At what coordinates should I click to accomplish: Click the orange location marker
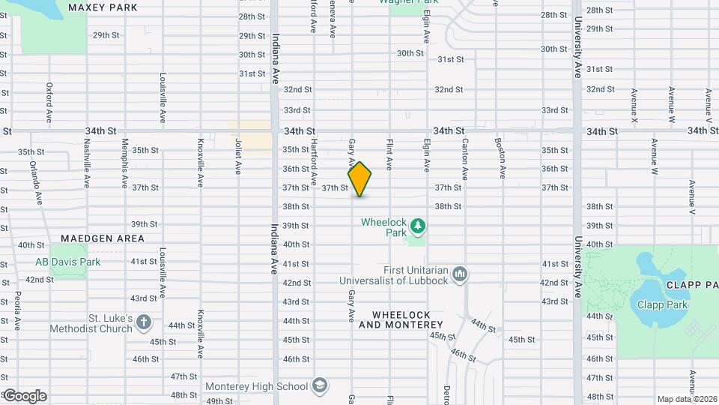tap(359, 179)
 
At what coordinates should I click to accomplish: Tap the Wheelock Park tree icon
tap(418, 225)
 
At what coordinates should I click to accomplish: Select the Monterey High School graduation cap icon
tap(320, 385)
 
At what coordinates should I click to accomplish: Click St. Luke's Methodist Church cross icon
tap(145, 323)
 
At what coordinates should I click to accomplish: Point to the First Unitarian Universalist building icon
tap(459, 274)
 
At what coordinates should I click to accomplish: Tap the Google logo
tap(24, 395)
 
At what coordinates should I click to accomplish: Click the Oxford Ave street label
tap(49, 103)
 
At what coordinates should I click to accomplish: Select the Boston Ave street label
tap(500, 158)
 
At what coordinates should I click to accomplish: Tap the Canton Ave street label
tap(464, 158)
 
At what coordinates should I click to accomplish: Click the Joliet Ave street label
tap(237, 158)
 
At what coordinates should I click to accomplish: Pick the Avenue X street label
tap(634, 106)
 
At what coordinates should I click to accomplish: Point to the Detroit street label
tap(446, 394)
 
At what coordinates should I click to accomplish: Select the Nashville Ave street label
tap(87, 163)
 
